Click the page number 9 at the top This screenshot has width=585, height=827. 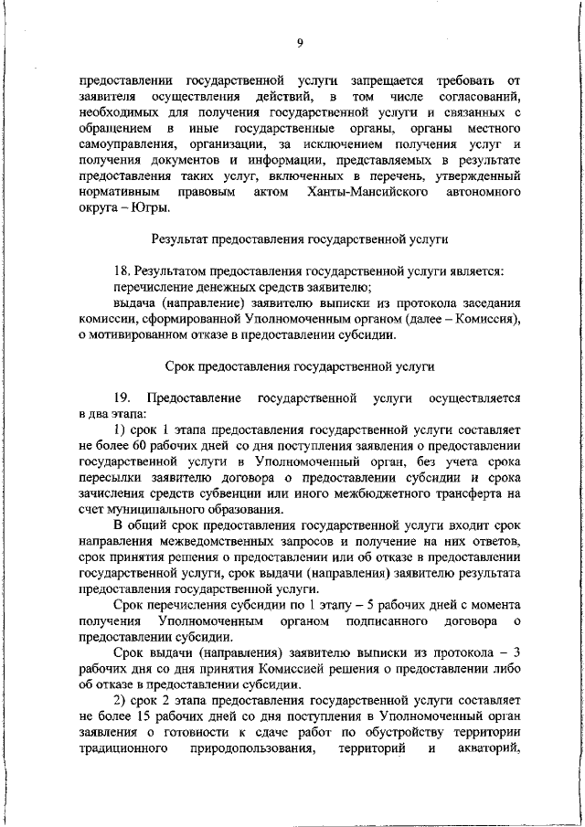[x=299, y=43]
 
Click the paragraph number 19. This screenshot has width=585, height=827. [x=122, y=398]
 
